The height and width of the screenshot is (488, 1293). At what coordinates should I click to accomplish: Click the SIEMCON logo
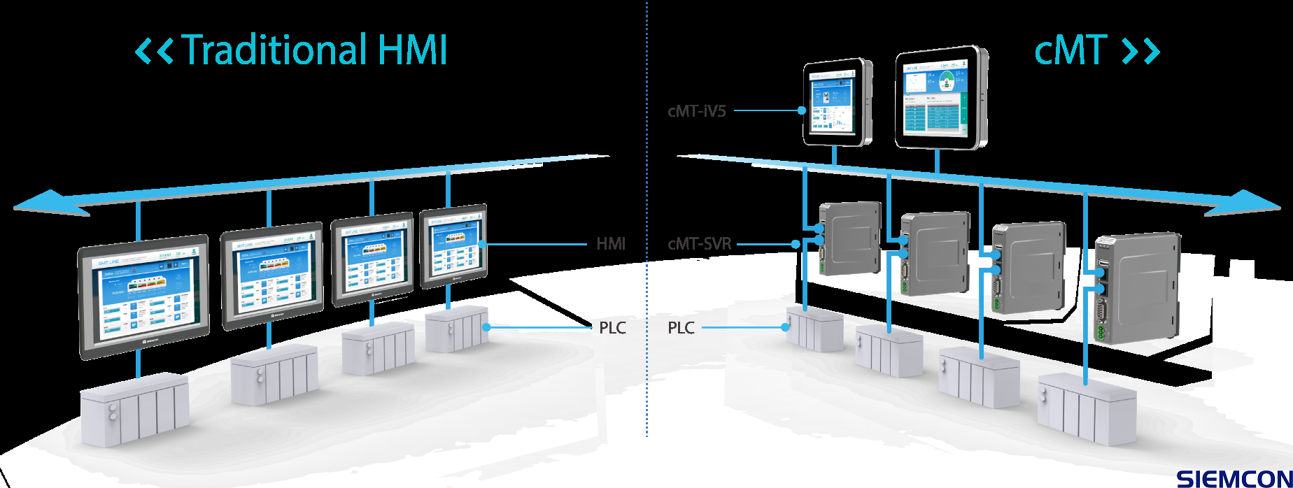point(1234,479)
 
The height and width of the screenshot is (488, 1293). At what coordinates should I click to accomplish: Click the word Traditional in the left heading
point(274,50)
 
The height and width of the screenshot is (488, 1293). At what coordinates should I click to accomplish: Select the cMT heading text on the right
point(1070,50)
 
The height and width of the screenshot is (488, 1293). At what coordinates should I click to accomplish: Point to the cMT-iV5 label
point(696,110)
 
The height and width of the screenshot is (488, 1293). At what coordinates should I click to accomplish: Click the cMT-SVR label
point(700,244)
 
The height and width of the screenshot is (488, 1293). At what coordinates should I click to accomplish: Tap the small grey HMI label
point(611,244)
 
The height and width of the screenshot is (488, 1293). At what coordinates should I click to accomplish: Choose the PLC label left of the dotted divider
point(612,328)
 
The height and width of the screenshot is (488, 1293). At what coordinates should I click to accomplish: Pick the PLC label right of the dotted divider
point(681,328)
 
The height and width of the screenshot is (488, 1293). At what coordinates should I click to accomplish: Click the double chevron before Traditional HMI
point(153,51)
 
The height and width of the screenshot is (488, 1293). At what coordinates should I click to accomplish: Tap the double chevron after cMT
point(1140,51)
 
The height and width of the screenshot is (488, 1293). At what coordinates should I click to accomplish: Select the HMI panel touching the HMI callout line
point(453,245)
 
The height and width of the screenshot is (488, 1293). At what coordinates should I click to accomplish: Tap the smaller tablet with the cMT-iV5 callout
point(836,103)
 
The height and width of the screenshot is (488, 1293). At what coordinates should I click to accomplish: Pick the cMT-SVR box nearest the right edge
point(1137,287)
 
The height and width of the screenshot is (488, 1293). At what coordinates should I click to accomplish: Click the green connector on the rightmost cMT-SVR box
point(1101,333)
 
